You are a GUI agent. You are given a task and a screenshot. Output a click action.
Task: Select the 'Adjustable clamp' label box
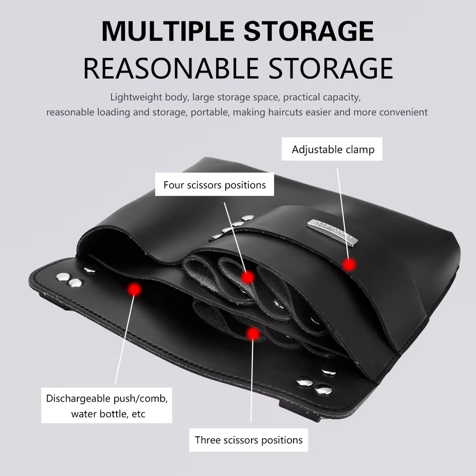click(x=332, y=149)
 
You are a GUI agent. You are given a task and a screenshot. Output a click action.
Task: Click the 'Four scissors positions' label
click(x=214, y=184)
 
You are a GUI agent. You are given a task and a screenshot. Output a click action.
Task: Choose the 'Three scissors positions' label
click(x=248, y=439)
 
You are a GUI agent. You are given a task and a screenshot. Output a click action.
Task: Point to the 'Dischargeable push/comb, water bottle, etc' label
click(x=106, y=405)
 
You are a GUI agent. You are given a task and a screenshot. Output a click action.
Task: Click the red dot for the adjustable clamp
click(x=349, y=265)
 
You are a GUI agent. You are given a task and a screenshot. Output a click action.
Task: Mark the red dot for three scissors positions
click(x=253, y=334)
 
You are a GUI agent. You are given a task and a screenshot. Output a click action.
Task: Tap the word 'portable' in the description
click(x=209, y=112)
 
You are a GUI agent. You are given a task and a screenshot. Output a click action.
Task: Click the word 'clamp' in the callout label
click(x=360, y=149)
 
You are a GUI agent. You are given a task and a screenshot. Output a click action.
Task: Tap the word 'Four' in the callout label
click(x=174, y=185)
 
